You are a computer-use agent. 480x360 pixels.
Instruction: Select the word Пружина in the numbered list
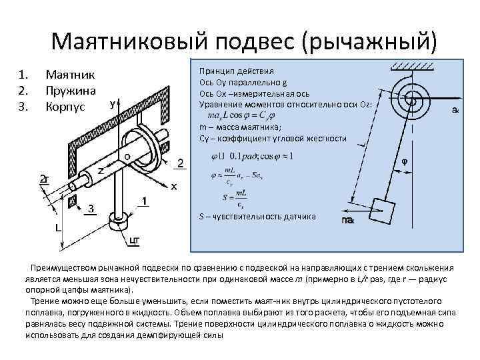69,89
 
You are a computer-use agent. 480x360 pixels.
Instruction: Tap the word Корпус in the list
65,105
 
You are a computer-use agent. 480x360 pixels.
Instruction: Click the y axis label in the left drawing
113,105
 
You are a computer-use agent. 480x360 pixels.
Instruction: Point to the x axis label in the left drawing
174,186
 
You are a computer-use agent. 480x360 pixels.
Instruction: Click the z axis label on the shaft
101,171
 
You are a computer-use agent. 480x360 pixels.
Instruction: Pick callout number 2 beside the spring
180,163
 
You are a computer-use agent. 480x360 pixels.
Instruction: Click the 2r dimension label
45,178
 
